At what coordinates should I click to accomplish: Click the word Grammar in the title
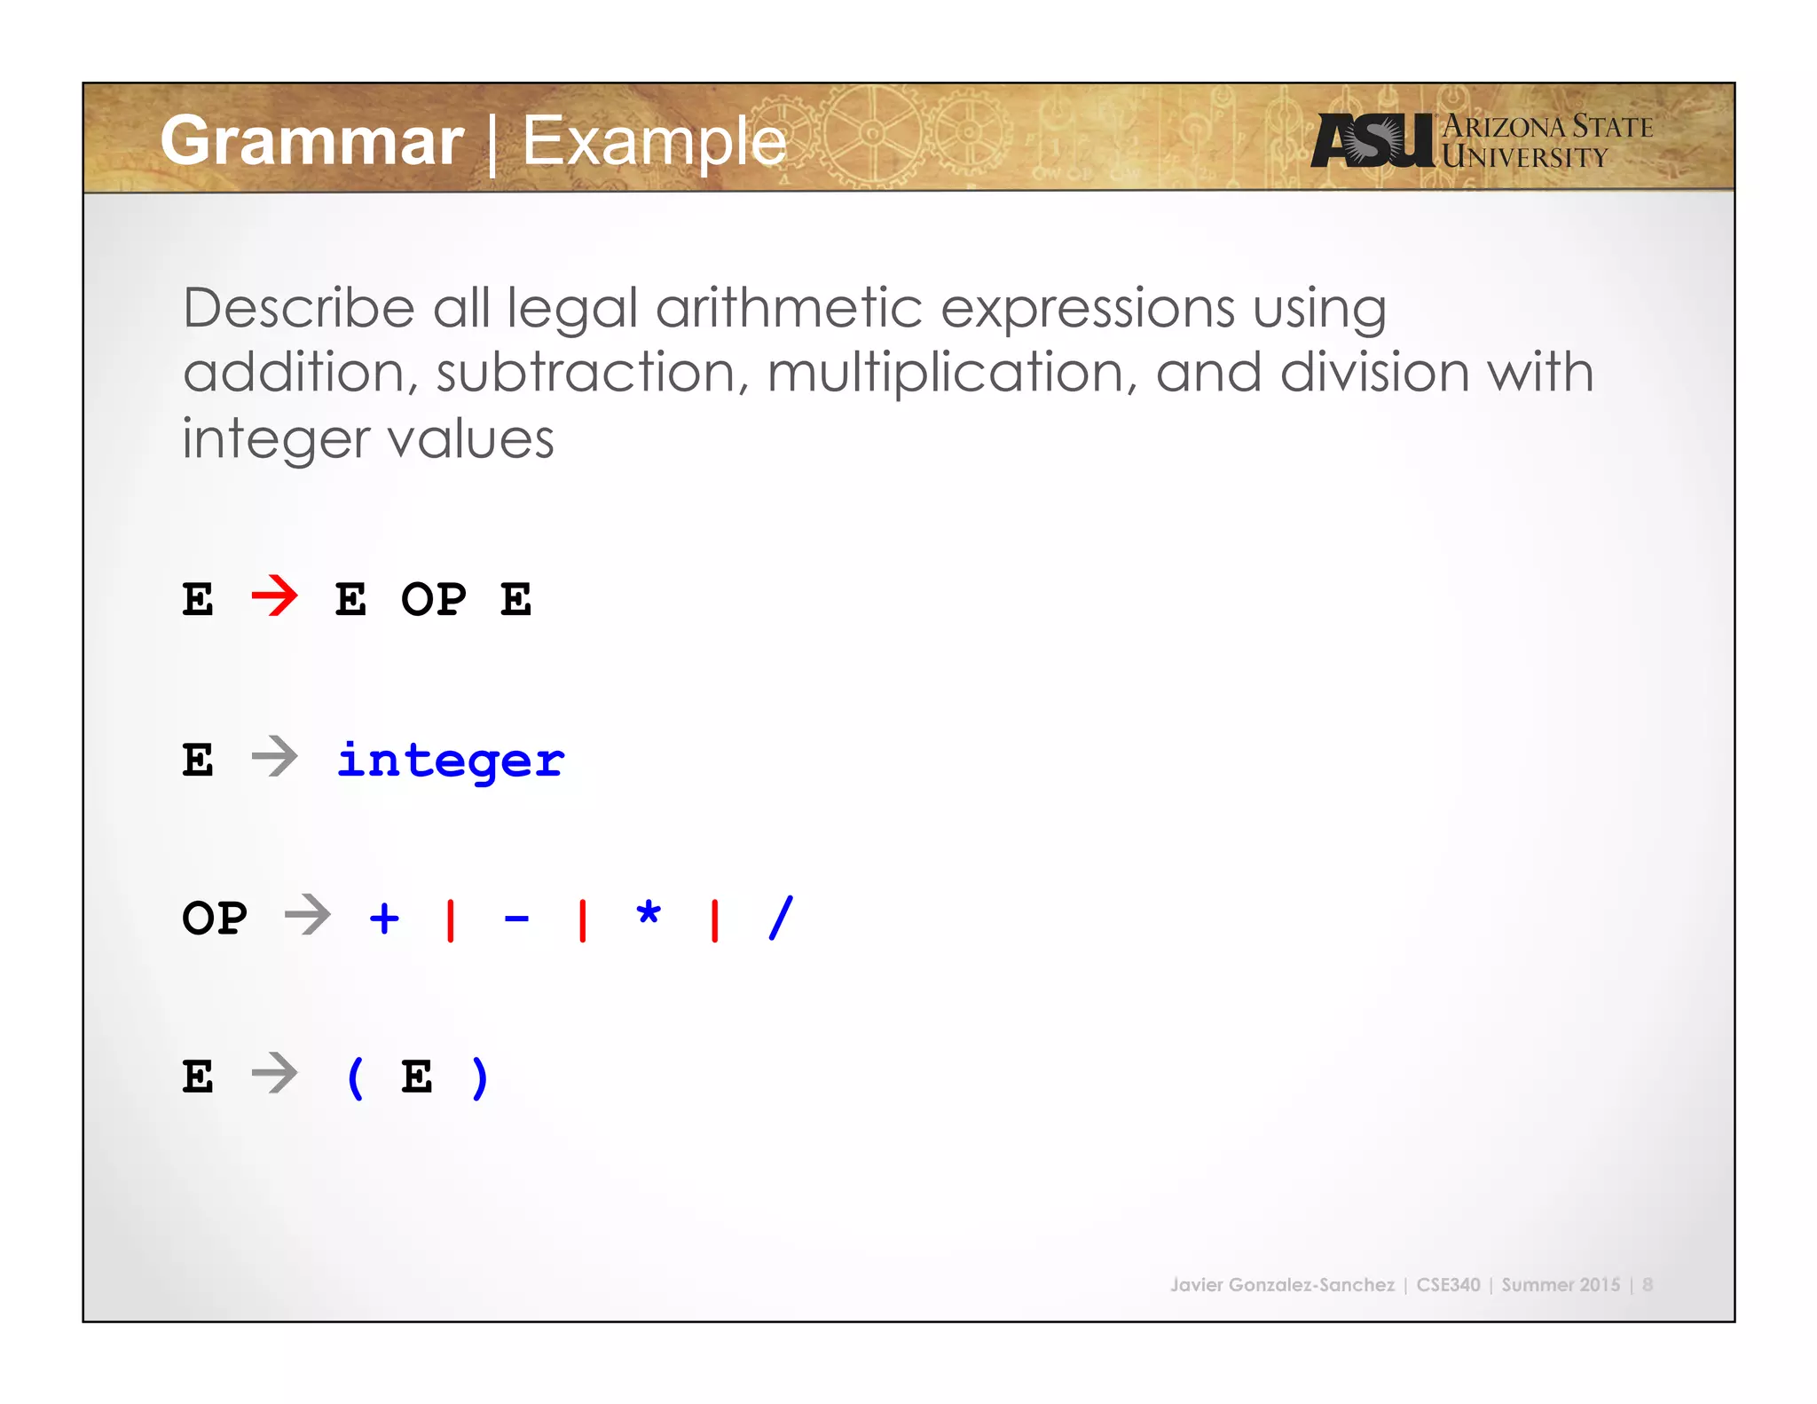[311, 141]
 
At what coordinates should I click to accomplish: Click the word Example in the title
[654, 141]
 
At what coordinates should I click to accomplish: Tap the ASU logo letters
[1372, 141]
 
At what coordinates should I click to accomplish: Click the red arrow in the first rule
[274, 596]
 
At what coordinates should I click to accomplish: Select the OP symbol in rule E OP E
[433, 599]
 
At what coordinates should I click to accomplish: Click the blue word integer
[450, 761]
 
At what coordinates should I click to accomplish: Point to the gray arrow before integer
[274, 757]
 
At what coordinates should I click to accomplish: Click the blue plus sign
[384, 918]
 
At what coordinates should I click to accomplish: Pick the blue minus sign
[516, 919]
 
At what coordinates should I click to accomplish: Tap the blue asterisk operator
[649, 914]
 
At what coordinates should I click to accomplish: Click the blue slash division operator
[781, 918]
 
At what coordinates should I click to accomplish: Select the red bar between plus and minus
[451, 919]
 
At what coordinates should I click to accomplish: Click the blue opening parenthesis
[355, 1077]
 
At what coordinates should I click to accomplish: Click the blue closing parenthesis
[480, 1077]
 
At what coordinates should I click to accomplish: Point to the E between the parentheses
[417, 1077]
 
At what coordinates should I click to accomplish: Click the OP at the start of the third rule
[214, 918]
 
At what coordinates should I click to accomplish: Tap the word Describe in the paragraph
[298, 308]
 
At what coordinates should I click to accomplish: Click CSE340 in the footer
[1448, 1284]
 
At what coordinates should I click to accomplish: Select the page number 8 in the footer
[1648, 1284]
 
